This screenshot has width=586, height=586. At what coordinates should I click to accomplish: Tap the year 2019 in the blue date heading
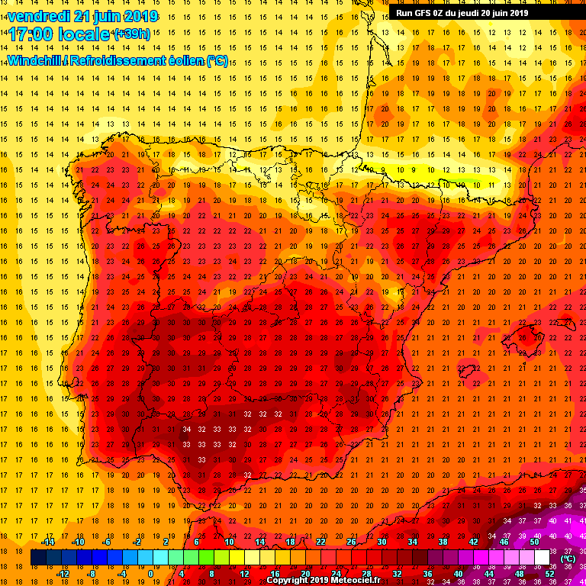click(x=138, y=16)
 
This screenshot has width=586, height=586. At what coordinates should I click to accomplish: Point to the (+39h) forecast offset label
click(x=131, y=34)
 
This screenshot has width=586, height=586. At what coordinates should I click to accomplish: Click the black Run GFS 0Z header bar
click(x=462, y=12)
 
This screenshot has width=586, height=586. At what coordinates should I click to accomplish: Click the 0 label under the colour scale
click(x=150, y=574)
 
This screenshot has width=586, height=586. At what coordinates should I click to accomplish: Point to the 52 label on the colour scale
click(x=549, y=574)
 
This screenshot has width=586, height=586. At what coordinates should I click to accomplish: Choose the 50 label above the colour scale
click(x=534, y=542)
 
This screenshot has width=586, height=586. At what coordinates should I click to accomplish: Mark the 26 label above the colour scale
click(x=351, y=542)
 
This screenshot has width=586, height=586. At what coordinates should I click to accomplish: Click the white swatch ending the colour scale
click(x=542, y=558)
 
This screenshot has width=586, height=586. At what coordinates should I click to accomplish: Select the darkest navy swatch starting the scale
click(x=38, y=558)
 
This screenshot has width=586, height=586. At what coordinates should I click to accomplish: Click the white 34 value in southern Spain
click(x=188, y=430)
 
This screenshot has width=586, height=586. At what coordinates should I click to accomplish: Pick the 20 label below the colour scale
click(x=305, y=574)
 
